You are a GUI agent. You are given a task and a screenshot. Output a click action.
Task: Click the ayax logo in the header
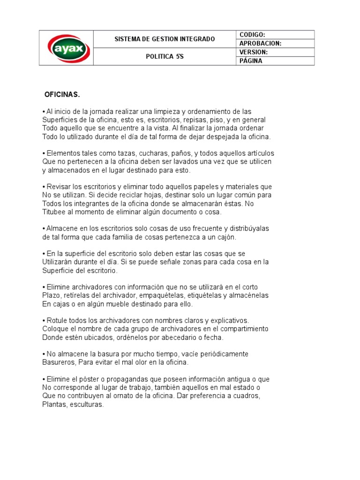click(66, 48)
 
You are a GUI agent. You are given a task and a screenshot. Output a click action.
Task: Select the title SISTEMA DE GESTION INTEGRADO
click(165, 39)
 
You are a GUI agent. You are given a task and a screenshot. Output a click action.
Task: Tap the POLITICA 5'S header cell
click(165, 56)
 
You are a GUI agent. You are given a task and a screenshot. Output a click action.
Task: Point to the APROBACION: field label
click(260, 43)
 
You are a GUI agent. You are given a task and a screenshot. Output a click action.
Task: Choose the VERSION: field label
click(254, 52)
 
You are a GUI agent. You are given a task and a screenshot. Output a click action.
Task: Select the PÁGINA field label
click(251, 61)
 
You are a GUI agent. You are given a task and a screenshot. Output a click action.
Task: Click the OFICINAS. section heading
click(62, 95)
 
